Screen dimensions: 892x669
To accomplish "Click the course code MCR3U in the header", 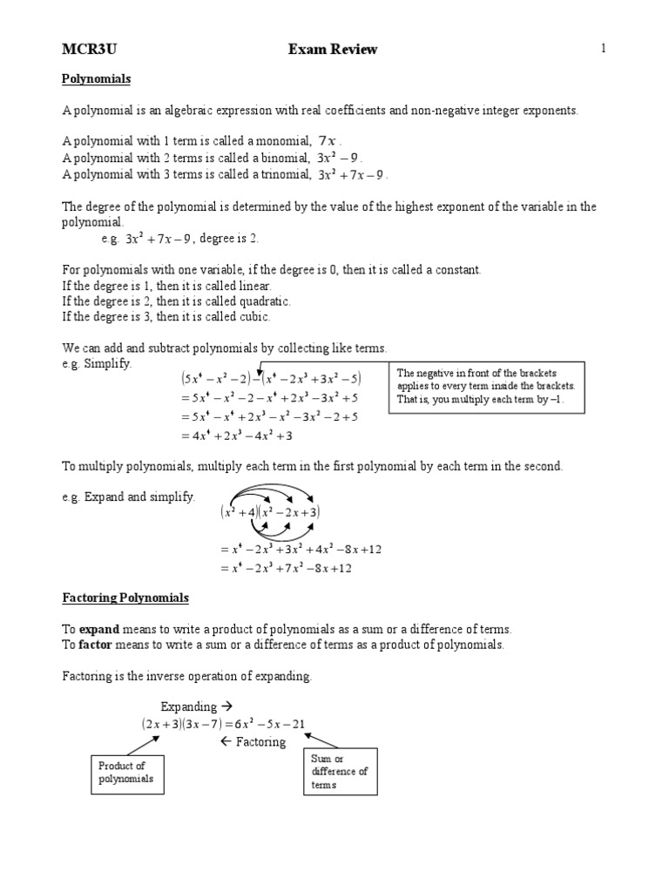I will click(87, 50).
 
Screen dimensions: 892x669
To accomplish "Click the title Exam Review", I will click(333, 50).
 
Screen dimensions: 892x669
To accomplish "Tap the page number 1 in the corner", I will click(602, 49).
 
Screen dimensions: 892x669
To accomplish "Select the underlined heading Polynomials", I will click(96, 79).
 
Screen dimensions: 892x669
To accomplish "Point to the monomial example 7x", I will click(328, 141).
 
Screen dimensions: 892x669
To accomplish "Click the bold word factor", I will click(96, 645).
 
